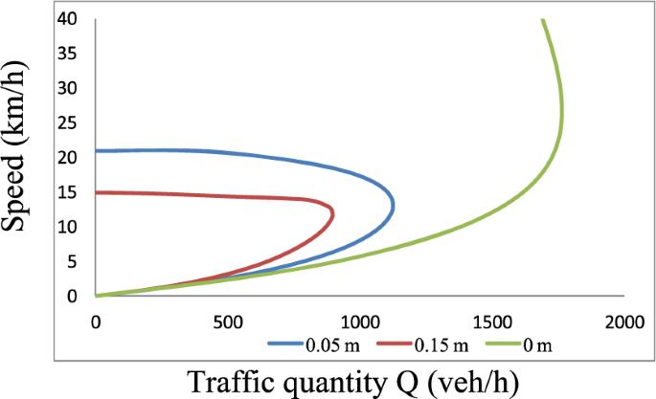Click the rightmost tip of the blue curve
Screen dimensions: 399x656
click(x=394, y=204)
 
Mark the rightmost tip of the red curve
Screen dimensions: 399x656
click(x=333, y=212)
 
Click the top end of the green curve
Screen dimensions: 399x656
click(x=542, y=19)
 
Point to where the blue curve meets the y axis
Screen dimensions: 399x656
click(x=97, y=150)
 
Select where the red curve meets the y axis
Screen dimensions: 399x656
click(x=97, y=192)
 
